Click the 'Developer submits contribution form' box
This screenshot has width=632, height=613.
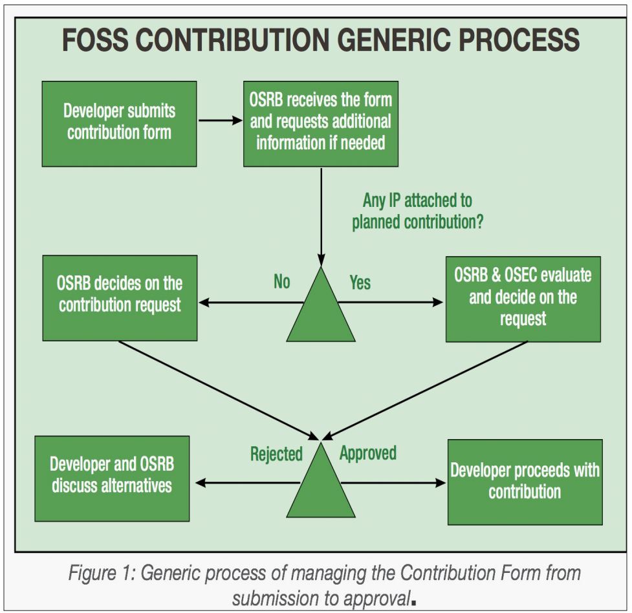click(119, 124)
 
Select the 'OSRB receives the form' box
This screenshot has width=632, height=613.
click(320, 123)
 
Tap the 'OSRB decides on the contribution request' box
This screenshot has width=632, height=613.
click(120, 298)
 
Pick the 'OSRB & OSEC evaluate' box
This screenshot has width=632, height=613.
click(523, 298)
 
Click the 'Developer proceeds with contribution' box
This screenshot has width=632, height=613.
click(525, 482)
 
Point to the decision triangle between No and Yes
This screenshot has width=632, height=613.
click(321, 307)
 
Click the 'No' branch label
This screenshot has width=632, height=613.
click(281, 282)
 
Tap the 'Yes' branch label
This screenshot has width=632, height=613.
click(360, 282)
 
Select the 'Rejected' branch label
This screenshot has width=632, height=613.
click(276, 454)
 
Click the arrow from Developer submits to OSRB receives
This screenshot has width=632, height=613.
click(219, 120)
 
